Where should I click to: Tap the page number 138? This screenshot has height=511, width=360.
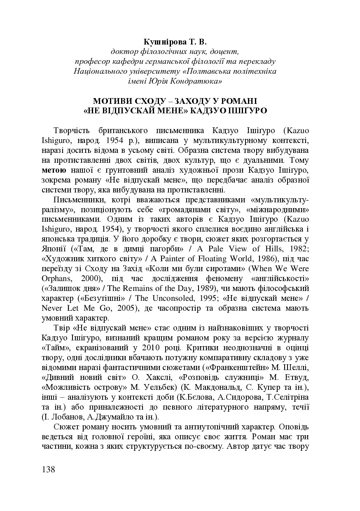pyautogui.click(x=49, y=470)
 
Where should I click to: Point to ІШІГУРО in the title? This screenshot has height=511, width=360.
pyautogui.click(x=250, y=111)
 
